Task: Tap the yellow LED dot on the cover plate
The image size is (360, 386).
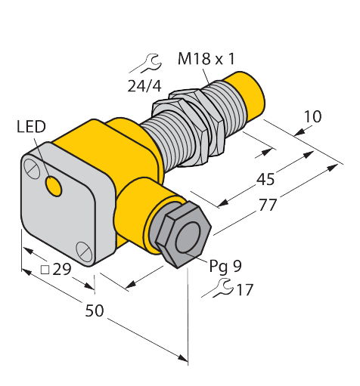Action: pyautogui.click(x=54, y=184)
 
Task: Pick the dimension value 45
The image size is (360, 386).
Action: pyautogui.click(x=265, y=180)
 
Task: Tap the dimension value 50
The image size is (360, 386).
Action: pyautogui.click(x=94, y=310)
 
